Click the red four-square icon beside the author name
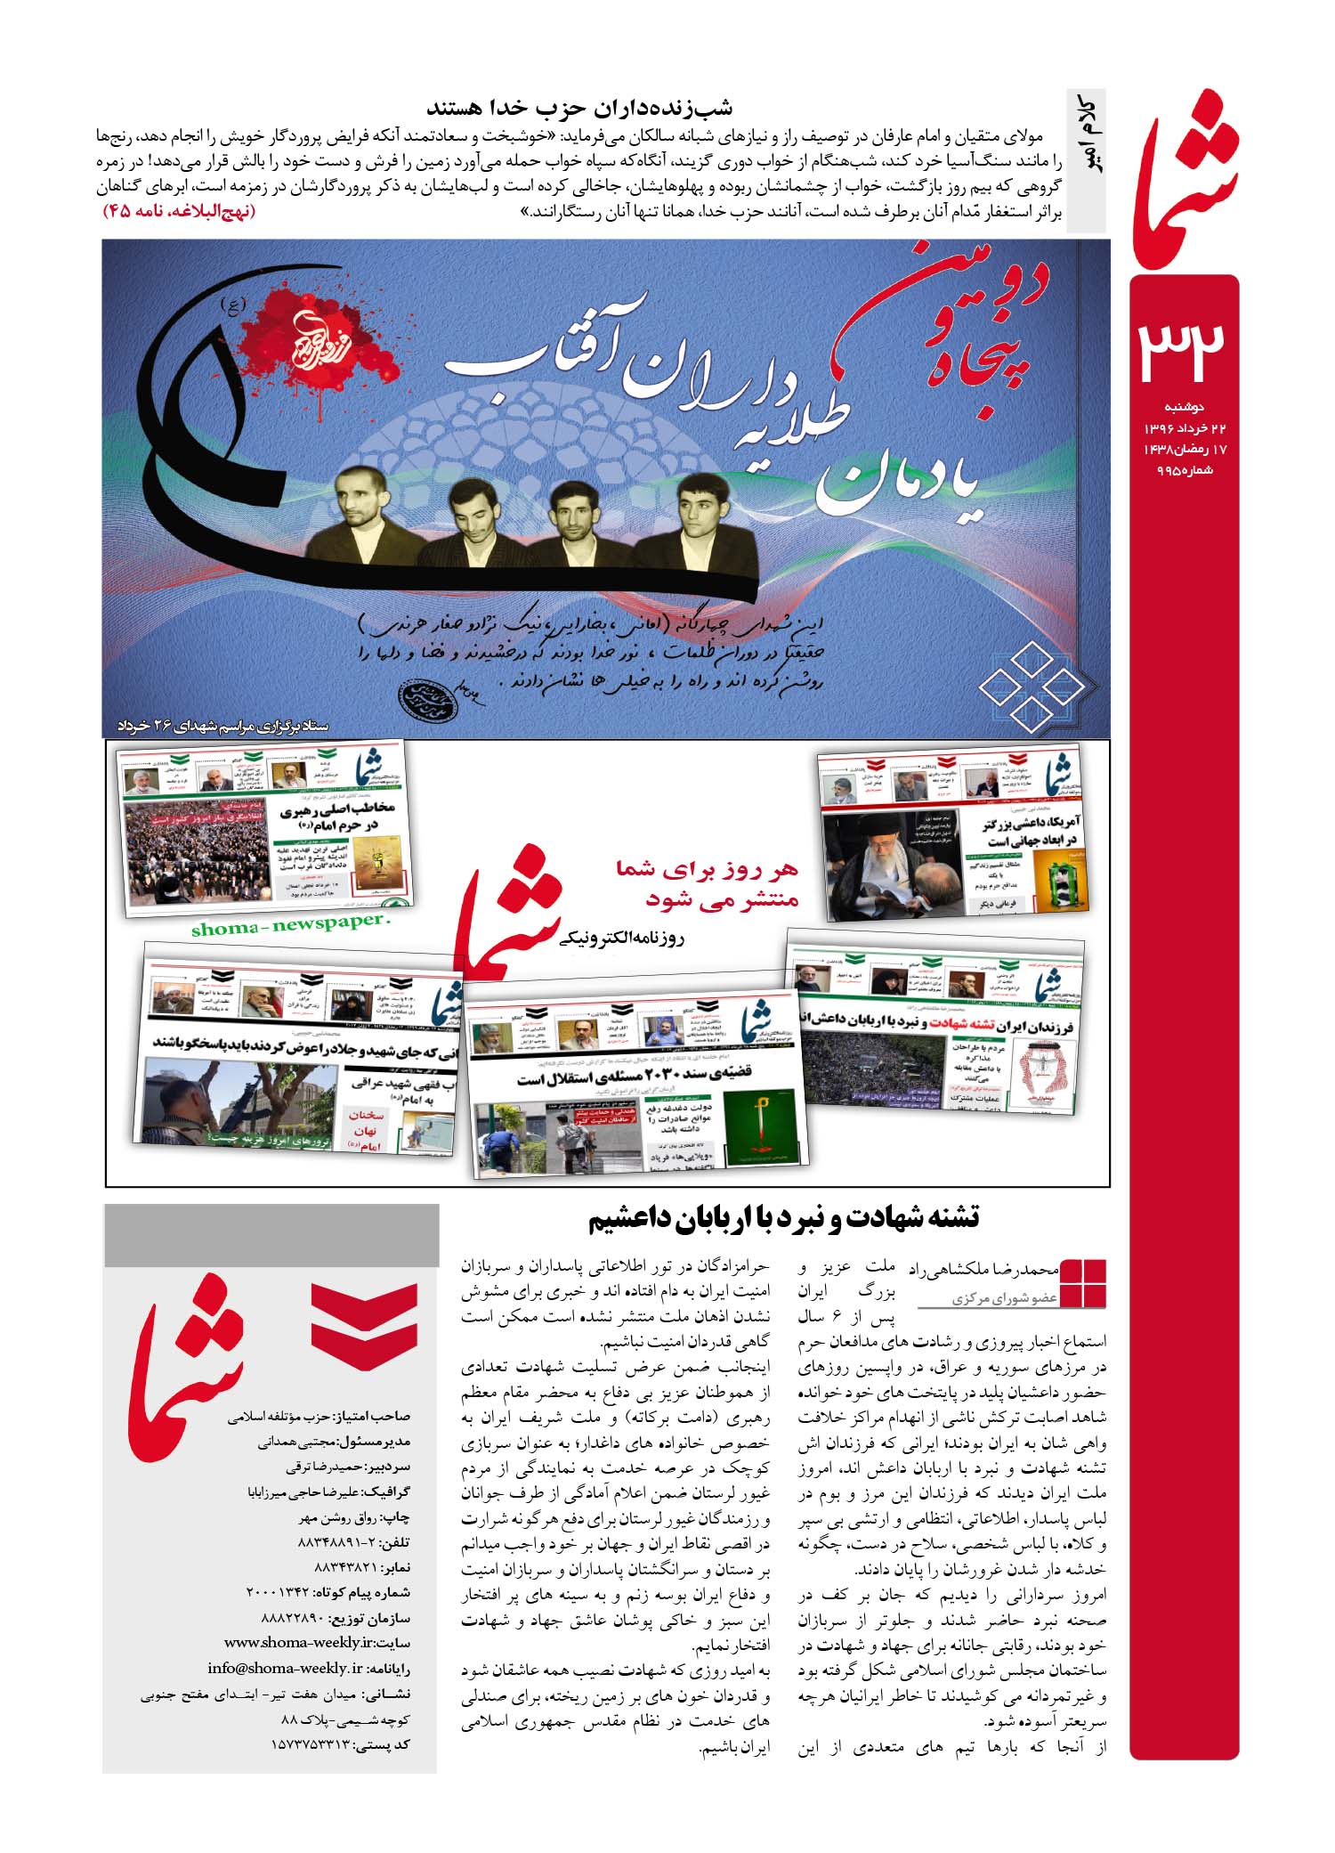click(1083, 1283)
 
